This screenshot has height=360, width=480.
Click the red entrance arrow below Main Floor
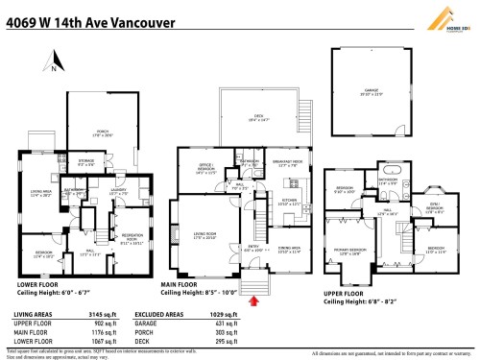coord(252,301)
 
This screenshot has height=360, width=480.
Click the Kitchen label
coord(289,203)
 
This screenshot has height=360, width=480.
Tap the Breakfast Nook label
coord(288,163)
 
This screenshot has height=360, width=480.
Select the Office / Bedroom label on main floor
coord(206,172)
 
